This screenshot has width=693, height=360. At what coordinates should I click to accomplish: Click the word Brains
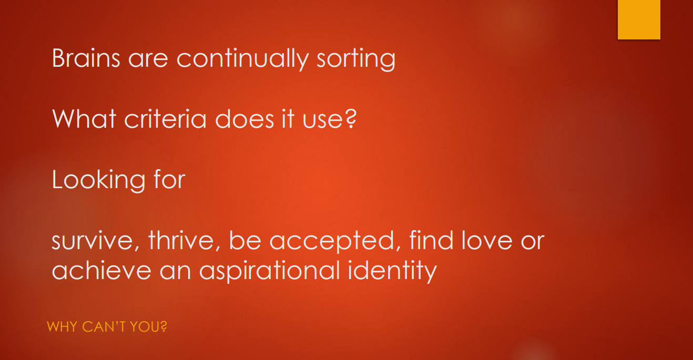pyautogui.click(x=86, y=58)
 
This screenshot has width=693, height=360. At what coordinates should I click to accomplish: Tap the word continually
pyautogui.click(x=242, y=59)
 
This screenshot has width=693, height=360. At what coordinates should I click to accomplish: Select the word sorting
pyautogui.click(x=356, y=59)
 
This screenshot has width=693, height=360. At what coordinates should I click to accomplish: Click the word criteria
pyautogui.click(x=165, y=119)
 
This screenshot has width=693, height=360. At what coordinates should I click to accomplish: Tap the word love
pyautogui.click(x=487, y=240)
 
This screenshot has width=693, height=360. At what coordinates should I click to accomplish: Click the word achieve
pyautogui.click(x=101, y=270)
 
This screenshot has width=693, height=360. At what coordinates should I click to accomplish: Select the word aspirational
pyautogui.click(x=270, y=271)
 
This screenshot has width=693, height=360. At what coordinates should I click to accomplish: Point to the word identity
pyautogui.click(x=393, y=271)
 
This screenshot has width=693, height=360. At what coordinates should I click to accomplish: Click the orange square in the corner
pyautogui.click(x=639, y=19)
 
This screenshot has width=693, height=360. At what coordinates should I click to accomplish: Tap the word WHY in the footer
pyautogui.click(x=62, y=326)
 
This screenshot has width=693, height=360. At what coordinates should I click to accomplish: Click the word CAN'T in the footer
pyautogui.click(x=104, y=326)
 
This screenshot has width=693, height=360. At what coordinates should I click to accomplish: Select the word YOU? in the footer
pyautogui.click(x=148, y=326)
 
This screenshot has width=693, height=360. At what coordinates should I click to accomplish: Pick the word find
pyautogui.click(x=432, y=240)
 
